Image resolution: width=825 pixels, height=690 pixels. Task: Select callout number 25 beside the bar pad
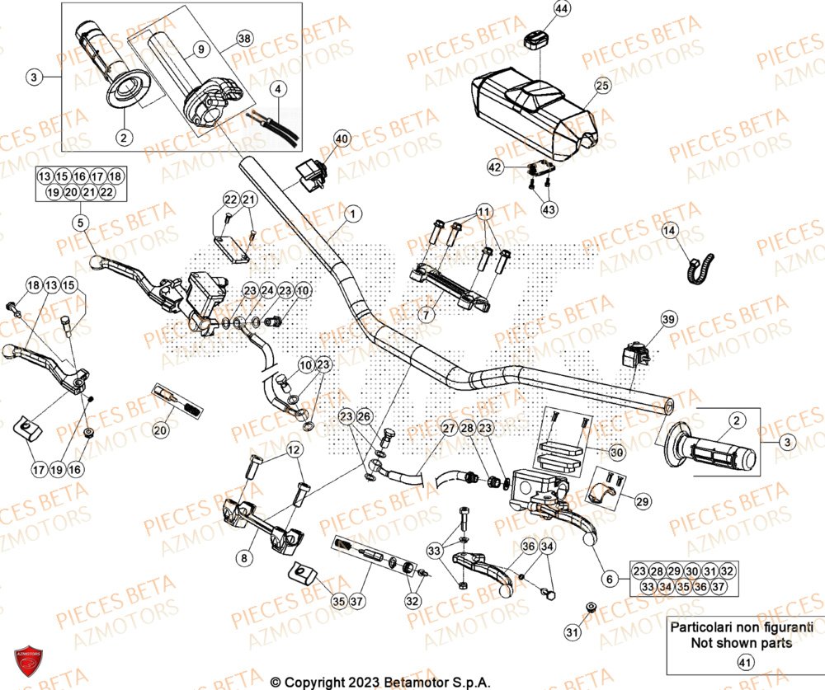(601, 85)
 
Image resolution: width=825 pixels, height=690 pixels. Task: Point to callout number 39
(667, 319)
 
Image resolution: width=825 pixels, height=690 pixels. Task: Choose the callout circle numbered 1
(352, 214)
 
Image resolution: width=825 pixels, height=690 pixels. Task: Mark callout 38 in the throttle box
(244, 39)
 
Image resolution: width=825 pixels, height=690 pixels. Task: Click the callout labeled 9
(200, 49)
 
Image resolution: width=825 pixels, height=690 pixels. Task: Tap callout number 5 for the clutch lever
(79, 222)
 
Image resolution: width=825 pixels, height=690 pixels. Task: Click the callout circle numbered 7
(426, 315)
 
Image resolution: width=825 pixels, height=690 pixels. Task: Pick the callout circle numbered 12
(294, 449)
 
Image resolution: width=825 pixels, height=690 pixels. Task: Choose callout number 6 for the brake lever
(610, 580)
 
